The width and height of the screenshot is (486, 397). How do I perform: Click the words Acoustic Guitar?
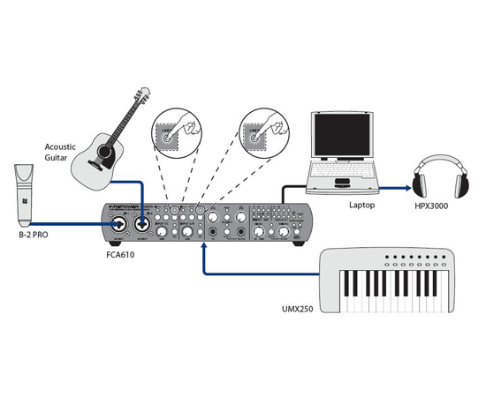[63, 151]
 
